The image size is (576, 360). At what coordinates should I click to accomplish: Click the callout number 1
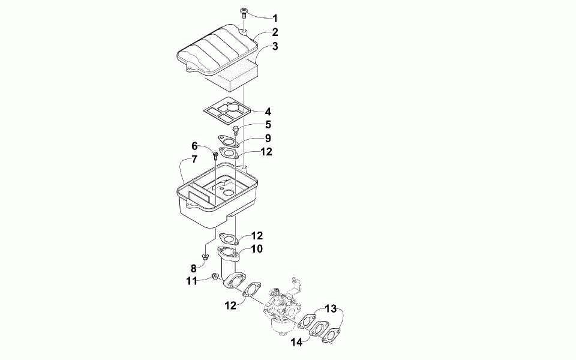[x=275, y=18]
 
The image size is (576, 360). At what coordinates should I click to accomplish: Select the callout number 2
[x=274, y=32]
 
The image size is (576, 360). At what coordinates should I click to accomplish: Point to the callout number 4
[x=268, y=111]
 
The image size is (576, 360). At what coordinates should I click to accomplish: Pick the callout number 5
[x=268, y=125]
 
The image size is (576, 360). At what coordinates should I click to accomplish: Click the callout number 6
[x=195, y=146]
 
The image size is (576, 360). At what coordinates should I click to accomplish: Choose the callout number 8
[x=194, y=268]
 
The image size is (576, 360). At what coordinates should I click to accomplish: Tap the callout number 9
[x=268, y=139]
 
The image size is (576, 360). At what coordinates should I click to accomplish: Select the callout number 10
[x=256, y=248]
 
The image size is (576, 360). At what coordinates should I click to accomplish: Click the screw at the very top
[x=245, y=11]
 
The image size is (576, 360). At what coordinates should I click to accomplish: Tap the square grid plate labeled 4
[x=225, y=111]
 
